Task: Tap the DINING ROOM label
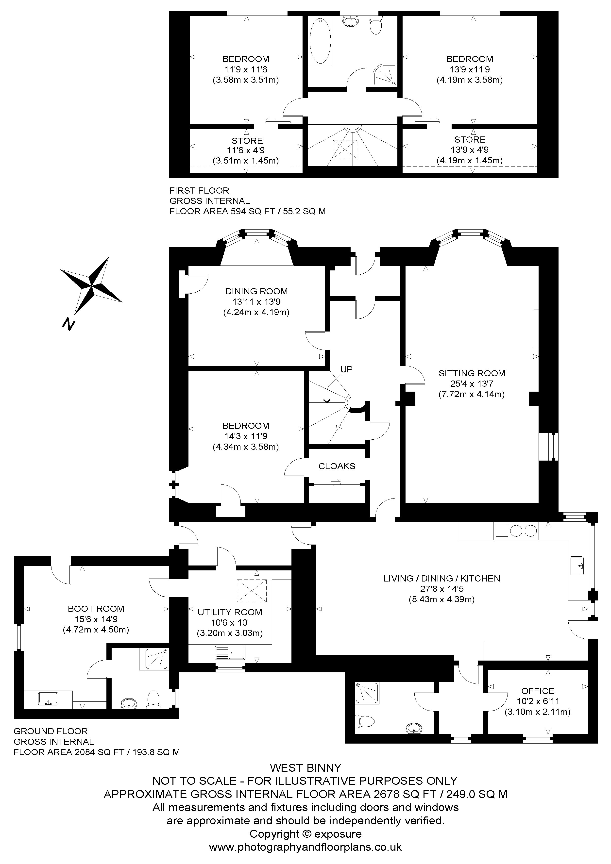pos(256,291)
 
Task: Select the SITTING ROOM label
pos(472,373)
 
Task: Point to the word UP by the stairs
pos(346,369)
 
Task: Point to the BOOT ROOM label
pos(96,609)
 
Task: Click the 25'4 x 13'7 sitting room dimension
pos(472,384)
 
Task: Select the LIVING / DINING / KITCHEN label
pos(442,578)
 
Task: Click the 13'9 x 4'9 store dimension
pos(470,150)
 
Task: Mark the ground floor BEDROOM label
pos(246,426)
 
